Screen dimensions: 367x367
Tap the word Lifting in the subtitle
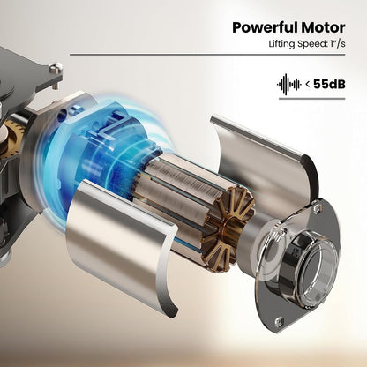click(x=281, y=43)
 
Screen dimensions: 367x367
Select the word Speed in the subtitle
click(x=311, y=44)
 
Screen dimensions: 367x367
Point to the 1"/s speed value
click(x=337, y=43)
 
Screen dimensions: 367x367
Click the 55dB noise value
click(x=329, y=84)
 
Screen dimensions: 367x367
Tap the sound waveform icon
click(x=288, y=85)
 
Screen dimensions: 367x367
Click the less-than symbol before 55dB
click(x=307, y=85)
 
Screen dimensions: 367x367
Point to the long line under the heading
click(x=207, y=55)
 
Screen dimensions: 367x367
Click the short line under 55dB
click(x=311, y=99)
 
